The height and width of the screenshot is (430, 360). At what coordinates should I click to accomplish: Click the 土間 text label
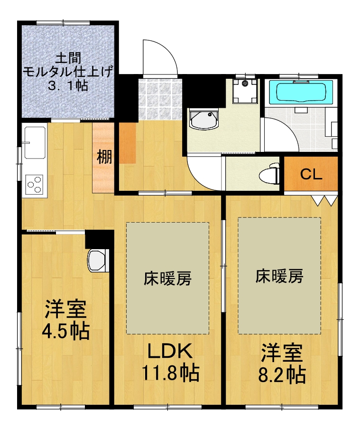pyautogui.click(x=67, y=58)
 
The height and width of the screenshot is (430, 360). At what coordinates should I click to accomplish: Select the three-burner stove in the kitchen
pyautogui.click(x=34, y=184)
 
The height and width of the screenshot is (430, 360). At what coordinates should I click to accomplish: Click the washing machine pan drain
pyautogui.click(x=245, y=84)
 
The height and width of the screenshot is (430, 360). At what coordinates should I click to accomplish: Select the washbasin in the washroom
pyautogui.click(x=203, y=120)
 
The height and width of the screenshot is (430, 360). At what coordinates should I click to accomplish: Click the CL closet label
pyautogui.click(x=311, y=174)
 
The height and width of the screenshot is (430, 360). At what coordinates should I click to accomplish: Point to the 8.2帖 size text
pyautogui.click(x=281, y=375)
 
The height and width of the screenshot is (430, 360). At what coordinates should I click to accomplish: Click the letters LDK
pyautogui.click(x=170, y=352)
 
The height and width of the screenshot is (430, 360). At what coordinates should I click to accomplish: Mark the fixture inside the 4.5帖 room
pyautogui.click(x=99, y=260)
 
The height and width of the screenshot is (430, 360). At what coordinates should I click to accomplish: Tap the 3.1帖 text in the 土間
pyautogui.click(x=67, y=86)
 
